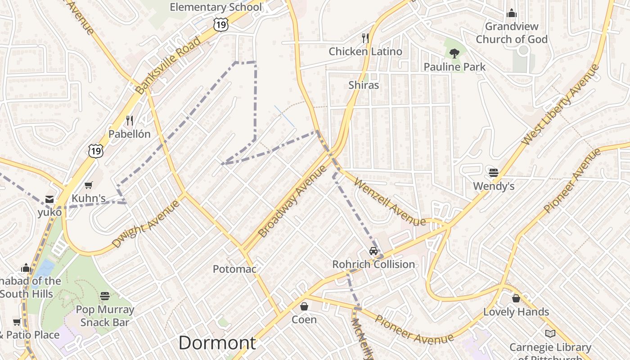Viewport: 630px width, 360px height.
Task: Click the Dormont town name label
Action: (x=217, y=343)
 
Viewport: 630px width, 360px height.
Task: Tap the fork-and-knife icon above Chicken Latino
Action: (x=365, y=38)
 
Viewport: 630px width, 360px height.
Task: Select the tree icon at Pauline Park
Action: (x=454, y=54)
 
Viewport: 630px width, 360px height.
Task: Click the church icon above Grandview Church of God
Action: (x=512, y=13)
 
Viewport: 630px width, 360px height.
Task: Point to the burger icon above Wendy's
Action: (x=494, y=173)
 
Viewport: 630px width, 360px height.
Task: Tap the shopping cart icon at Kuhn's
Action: (x=89, y=185)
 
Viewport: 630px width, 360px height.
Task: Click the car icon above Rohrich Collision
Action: (x=373, y=251)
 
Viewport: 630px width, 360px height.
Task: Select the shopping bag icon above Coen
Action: (x=304, y=306)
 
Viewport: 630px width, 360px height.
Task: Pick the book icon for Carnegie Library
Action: (x=550, y=334)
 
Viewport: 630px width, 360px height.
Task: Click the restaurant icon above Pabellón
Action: (x=130, y=121)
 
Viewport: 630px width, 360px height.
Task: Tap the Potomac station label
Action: (x=234, y=269)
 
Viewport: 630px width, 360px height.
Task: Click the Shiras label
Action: (x=364, y=85)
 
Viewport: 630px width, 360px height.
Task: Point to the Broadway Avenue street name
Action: (x=292, y=201)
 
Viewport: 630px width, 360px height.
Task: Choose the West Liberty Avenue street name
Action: (x=561, y=105)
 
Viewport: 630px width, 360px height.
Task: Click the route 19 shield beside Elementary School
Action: (x=220, y=25)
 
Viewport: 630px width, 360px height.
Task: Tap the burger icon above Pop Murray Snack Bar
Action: (x=105, y=296)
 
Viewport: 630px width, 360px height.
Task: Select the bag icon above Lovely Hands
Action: (x=516, y=298)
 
